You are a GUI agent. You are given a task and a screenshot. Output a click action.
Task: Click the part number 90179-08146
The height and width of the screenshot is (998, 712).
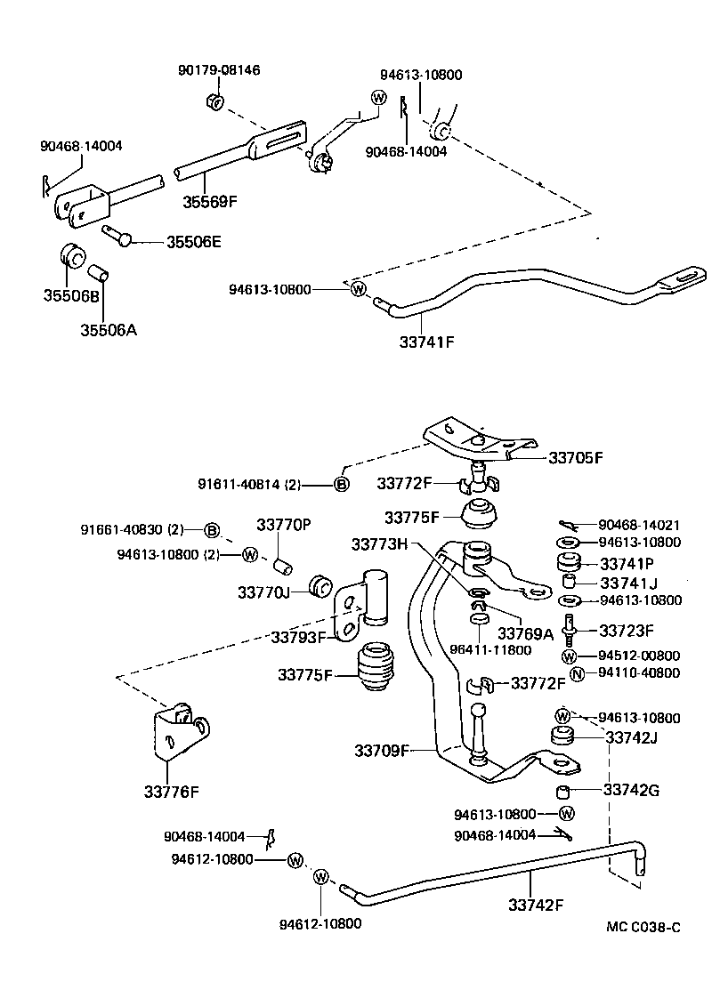pyautogui.click(x=218, y=70)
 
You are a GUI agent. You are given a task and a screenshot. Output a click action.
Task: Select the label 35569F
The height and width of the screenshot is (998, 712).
pyautogui.click(x=209, y=202)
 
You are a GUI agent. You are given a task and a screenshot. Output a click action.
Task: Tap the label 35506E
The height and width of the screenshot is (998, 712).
pyautogui.click(x=194, y=242)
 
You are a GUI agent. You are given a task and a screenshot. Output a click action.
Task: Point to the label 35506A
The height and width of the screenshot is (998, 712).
pyautogui.click(x=109, y=330)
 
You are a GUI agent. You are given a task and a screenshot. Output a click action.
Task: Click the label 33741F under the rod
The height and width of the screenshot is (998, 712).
pyautogui.click(x=426, y=342)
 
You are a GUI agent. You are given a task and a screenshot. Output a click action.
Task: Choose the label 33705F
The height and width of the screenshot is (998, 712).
pyautogui.click(x=575, y=457)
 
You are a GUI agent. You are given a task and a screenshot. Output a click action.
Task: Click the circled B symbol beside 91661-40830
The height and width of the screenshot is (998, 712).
pyautogui.click(x=212, y=529)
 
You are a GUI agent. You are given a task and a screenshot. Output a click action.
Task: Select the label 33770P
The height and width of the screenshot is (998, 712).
pyautogui.click(x=283, y=525)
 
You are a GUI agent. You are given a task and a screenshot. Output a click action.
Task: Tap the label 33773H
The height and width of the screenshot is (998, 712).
pyautogui.click(x=379, y=544)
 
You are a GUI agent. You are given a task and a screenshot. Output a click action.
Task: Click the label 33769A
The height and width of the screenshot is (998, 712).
pyautogui.click(x=525, y=633)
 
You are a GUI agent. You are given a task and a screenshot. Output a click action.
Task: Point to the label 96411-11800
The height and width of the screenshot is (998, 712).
pyautogui.click(x=490, y=650)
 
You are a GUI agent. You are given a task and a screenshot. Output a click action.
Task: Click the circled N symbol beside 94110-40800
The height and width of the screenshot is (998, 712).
pyautogui.click(x=577, y=673)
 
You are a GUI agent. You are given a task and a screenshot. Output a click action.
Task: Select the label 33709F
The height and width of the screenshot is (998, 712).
pyautogui.click(x=382, y=751)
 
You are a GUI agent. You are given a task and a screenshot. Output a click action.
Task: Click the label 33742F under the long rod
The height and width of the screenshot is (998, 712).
pyautogui.click(x=536, y=905)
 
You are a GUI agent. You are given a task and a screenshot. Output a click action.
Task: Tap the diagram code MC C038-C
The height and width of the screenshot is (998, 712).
pyautogui.click(x=643, y=927)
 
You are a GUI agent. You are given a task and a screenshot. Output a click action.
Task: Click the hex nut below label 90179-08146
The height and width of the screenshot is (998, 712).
pyautogui.click(x=215, y=101)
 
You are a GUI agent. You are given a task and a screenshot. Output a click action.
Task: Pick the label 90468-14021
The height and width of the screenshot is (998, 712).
pyautogui.click(x=639, y=525)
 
